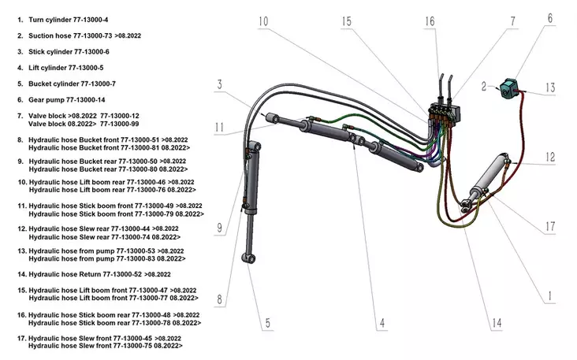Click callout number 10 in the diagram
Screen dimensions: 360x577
(x=262, y=20)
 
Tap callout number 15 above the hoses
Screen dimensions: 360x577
(x=347, y=20)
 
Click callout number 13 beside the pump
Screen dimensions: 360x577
(x=550, y=87)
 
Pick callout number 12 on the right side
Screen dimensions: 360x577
(x=549, y=158)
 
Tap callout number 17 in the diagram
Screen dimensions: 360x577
(x=549, y=228)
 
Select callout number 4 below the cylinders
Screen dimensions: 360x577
(x=381, y=321)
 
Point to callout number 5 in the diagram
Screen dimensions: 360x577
(x=267, y=321)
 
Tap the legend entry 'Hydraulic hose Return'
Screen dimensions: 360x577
(x=87, y=274)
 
